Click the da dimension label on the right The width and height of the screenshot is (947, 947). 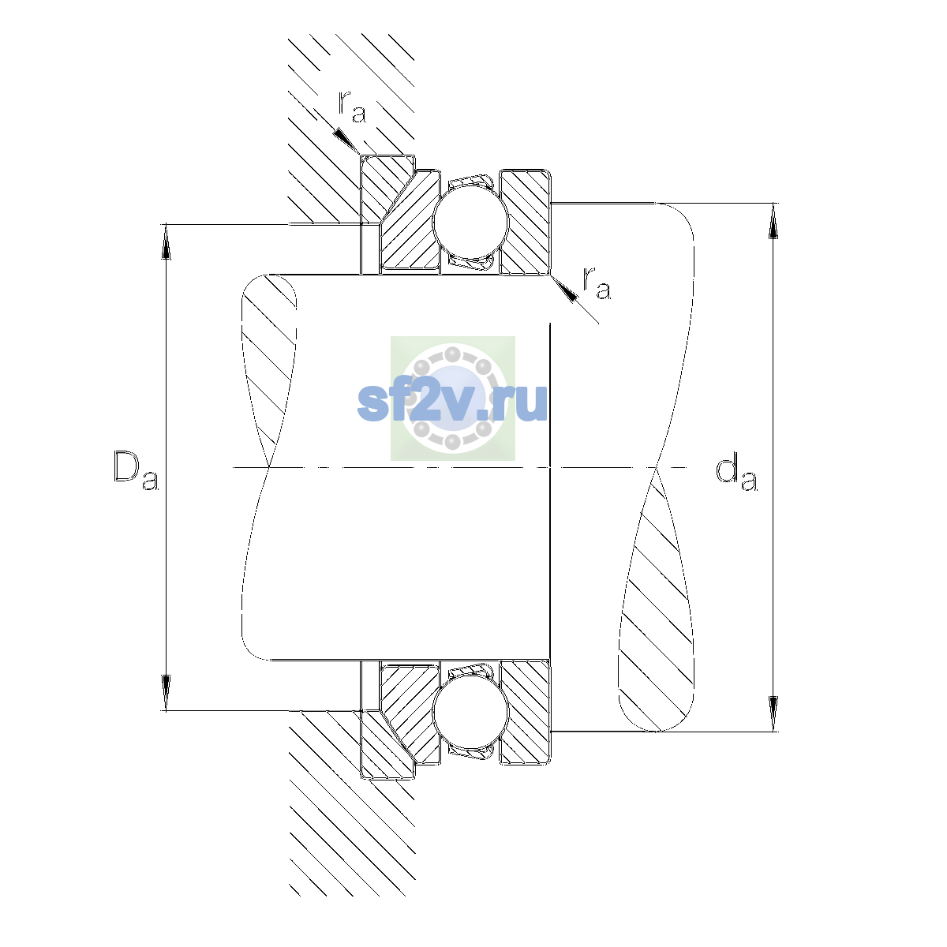(736, 473)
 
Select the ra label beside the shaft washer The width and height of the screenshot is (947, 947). (596, 284)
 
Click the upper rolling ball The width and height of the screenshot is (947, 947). (470, 222)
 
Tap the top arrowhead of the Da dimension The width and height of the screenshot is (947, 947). (166, 241)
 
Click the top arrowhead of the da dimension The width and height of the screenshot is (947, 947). (773, 221)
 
